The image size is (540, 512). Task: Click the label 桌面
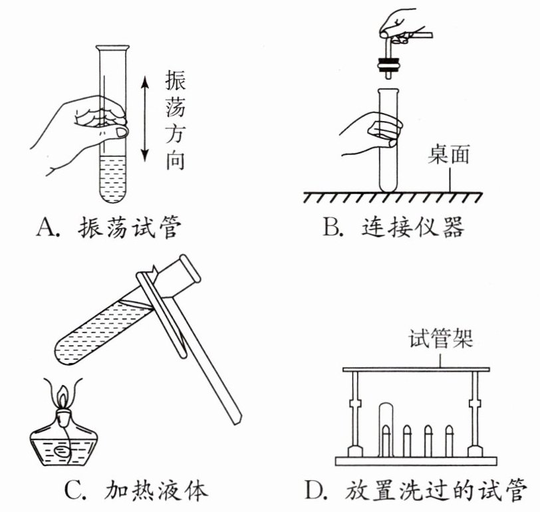450,154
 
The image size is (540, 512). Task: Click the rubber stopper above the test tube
388,64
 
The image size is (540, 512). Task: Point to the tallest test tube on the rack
386,426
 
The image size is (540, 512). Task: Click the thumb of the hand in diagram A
119,133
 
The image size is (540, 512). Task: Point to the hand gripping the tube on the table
372,133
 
